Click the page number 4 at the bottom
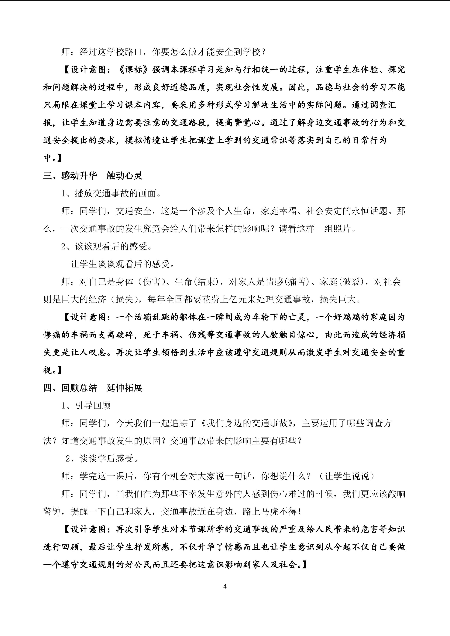point(225,587)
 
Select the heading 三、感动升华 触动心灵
point(93,176)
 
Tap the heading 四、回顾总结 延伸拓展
point(93,388)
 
